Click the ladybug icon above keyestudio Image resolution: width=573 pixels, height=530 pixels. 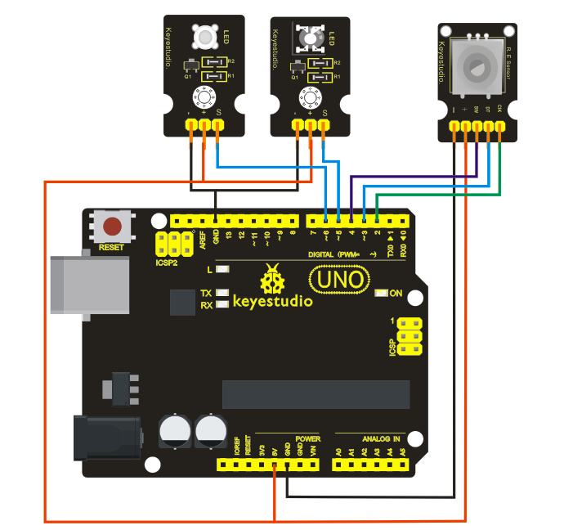[x=271, y=281]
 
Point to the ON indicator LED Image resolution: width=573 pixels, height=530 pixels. [x=381, y=293]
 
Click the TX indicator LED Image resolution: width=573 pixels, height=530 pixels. [x=220, y=293]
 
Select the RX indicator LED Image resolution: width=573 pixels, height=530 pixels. [x=220, y=306]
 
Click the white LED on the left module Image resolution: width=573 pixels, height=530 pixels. [x=202, y=38]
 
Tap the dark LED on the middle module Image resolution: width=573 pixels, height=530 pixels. [x=309, y=38]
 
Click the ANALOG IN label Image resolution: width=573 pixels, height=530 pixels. [x=381, y=438]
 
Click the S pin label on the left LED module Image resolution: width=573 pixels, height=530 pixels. [x=217, y=112]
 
